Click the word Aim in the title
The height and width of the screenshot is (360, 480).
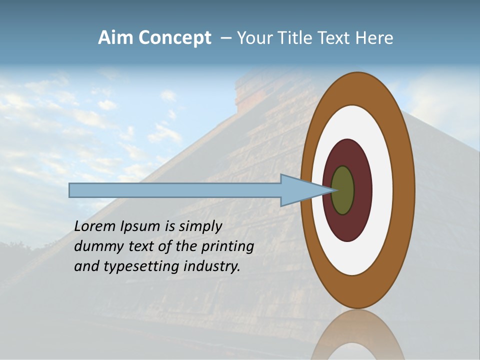pyautogui.click(x=116, y=38)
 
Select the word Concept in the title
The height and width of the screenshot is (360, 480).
pyautogui.click(x=174, y=38)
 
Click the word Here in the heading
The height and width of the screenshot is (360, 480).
pyautogui.click(x=374, y=38)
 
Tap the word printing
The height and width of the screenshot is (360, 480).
pyautogui.click(x=227, y=246)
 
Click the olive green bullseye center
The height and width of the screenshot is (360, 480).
pyautogui.click(x=343, y=190)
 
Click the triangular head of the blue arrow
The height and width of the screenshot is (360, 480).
pyautogui.click(x=300, y=190)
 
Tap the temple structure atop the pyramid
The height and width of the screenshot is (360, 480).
pyautogui.click(x=250, y=95)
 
